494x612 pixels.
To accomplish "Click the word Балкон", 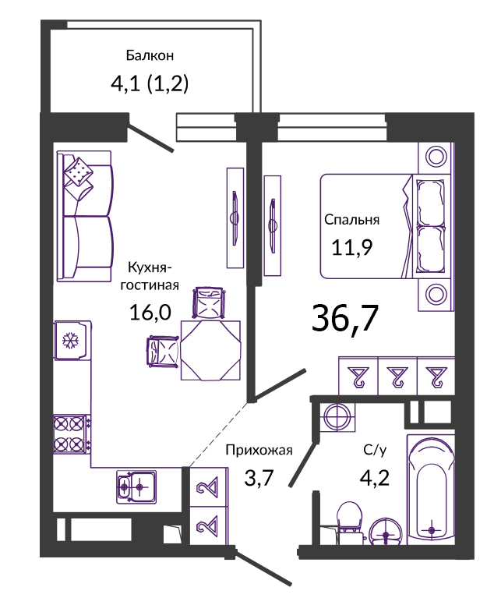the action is click(150, 55).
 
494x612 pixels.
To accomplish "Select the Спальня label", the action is click(351, 220).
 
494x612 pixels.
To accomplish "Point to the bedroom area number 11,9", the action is click(352, 247).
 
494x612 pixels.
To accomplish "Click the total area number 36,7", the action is click(345, 319).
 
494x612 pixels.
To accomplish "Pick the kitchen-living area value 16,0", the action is click(150, 313).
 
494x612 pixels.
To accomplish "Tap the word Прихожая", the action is click(259, 450).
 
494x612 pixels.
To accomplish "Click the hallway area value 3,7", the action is click(259, 477).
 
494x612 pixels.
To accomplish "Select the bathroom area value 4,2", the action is click(375, 477).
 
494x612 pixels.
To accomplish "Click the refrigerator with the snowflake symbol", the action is click(72, 340).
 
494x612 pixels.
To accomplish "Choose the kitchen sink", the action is click(136, 486).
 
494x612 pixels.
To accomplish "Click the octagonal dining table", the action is click(210, 350).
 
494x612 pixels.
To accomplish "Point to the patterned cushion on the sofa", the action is click(79, 172).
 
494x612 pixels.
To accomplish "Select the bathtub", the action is click(431, 490).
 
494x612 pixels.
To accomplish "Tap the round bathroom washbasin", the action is click(386, 532).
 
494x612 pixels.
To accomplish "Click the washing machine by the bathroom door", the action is click(337, 417).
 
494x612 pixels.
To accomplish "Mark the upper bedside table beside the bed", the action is click(436, 157).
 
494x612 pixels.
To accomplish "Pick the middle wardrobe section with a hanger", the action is click(397, 376).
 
